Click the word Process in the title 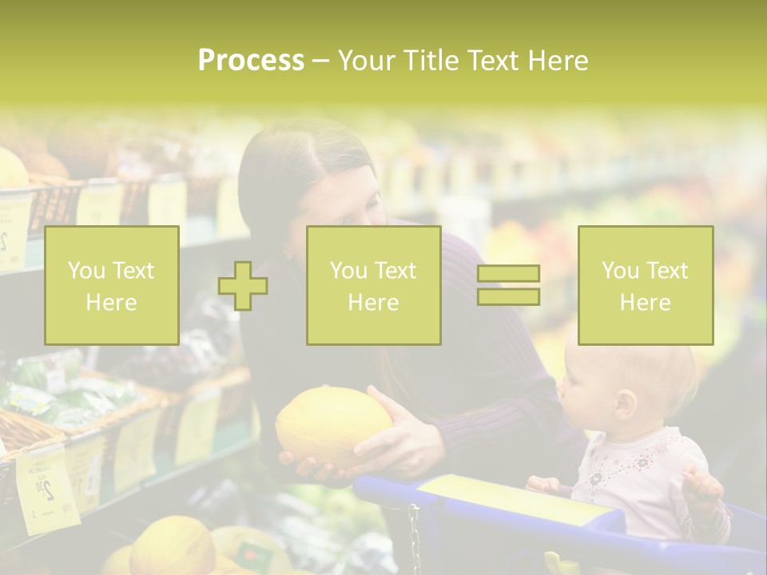tap(251, 61)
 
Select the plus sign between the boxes tap(243, 285)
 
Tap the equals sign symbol tap(508, 285)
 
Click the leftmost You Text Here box tap(112, 285)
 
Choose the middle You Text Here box tap(373, 285)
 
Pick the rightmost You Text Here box tap(645, 285)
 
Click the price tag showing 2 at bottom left tap(46, 487)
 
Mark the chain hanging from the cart tap(415, 539)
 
